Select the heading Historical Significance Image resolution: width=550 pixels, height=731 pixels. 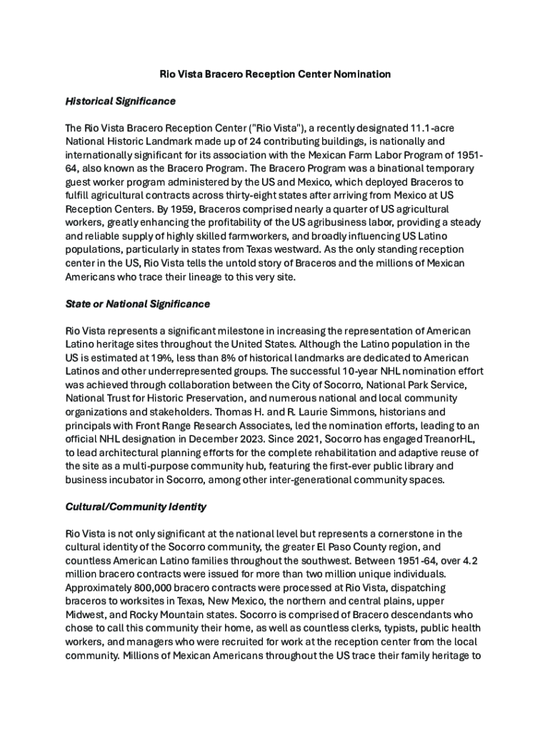(x=120, y=101)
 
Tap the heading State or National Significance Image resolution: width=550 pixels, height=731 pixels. (x=138, y=304)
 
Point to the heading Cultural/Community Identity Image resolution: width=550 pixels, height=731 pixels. (x=136, y=507)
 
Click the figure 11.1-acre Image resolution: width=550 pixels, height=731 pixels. (x=429, y=128)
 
